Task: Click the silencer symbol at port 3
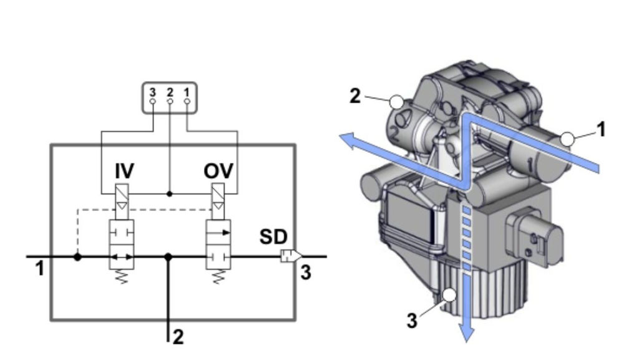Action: tap(291, 256)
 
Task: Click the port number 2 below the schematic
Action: tap(178, 338)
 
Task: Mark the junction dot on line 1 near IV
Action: tap(77, 256)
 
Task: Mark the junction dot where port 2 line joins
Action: tap(168, 256)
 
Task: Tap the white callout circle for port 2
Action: tap(395, 102)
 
